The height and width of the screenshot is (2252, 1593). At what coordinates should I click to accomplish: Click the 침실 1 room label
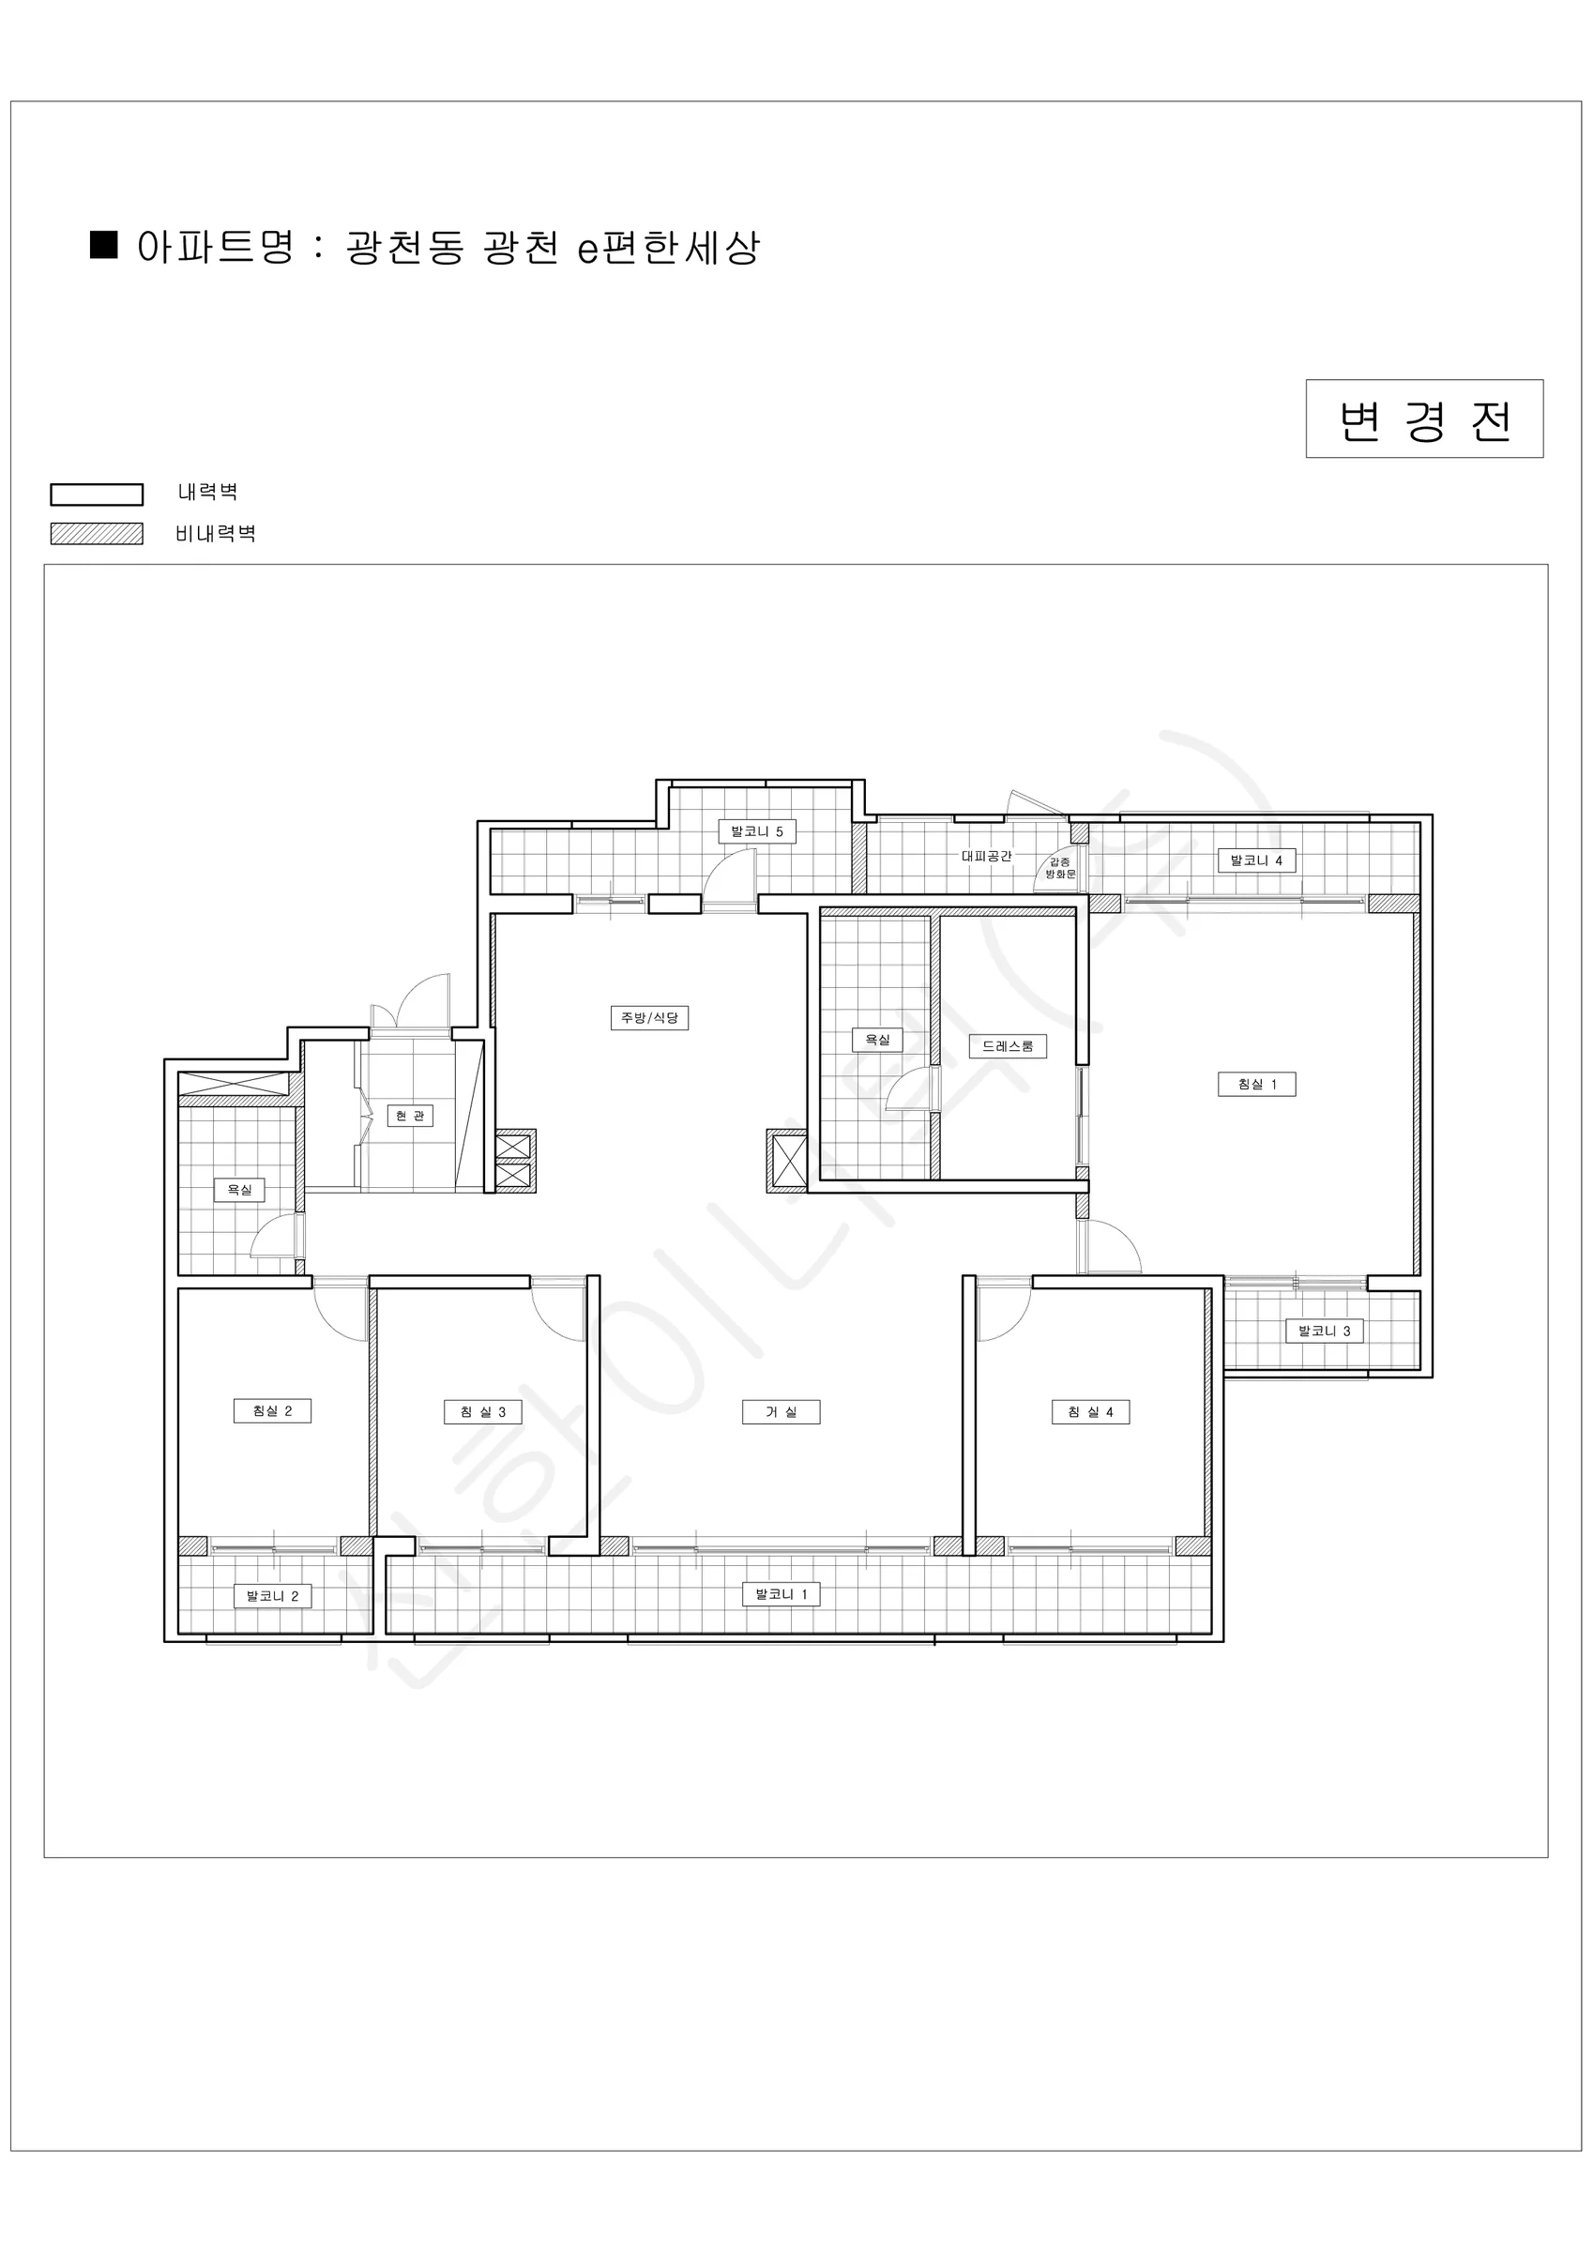tap(1256, 1084)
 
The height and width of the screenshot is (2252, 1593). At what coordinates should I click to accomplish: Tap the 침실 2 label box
tap(272, 1410)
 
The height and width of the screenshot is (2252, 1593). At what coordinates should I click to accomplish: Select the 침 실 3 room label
tap(482, 1411)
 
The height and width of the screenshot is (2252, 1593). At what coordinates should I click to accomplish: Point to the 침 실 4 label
tap(1091, 1411)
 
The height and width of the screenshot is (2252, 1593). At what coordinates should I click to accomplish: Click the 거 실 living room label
tap(781, 1411)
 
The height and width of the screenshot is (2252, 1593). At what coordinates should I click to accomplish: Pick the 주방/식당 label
tap(649, 1017)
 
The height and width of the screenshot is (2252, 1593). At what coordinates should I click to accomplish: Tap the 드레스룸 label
tap(1008, 1045)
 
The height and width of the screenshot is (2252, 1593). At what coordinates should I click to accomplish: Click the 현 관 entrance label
tap(410, 1116)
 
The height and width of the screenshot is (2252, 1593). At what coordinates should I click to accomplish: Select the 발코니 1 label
tap(781, 1594)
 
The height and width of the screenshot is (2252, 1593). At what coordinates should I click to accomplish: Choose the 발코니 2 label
tap(272, 1596)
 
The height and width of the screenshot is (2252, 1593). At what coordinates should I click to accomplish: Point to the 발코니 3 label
tap(1325, 1331)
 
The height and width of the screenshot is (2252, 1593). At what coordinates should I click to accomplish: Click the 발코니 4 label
tap(1256, 860)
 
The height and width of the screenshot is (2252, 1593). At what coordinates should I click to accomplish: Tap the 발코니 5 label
tap(756, 830)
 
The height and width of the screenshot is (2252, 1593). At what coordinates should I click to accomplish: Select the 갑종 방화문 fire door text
tap(1060, 867)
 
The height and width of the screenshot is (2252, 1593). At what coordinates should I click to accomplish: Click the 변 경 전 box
tap(1424, 418)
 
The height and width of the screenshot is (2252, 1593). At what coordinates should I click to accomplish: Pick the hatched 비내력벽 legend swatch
tap(98, 534)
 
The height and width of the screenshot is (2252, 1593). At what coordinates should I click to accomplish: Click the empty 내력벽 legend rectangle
tap(98, 495)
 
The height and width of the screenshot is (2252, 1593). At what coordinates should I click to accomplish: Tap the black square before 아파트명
tap(104, 244)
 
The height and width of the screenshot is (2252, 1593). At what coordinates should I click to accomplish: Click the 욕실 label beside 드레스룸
tap(877, 1039)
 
